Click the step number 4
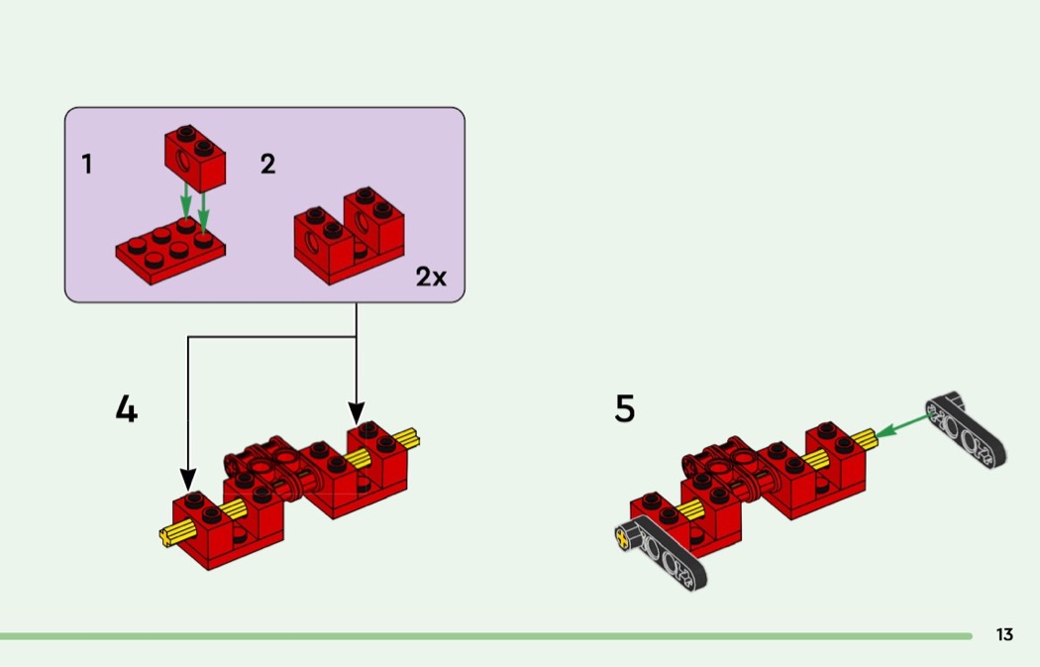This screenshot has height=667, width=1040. pyautogui.click(x=126, y=409)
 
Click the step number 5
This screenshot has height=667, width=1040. pyautogui.click(x=624, y=408)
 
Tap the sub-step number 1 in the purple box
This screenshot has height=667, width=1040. pyautogui.click(x=87, y=165)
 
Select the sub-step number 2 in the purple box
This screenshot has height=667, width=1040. pyautogui.click(x=267, y=165)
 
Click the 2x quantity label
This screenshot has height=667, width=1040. pyautogui.click(x=431, y=278)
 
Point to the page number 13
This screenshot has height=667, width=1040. pyautogui.click(x=1004, y=635)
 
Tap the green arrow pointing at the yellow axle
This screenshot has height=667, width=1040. pyautogui.click(x=902, y=425)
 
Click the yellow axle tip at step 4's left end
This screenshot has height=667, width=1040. pyautogui.click(x=169, y=537)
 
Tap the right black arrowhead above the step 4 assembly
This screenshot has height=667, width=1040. pyautogui.click(x=357, y=412)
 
